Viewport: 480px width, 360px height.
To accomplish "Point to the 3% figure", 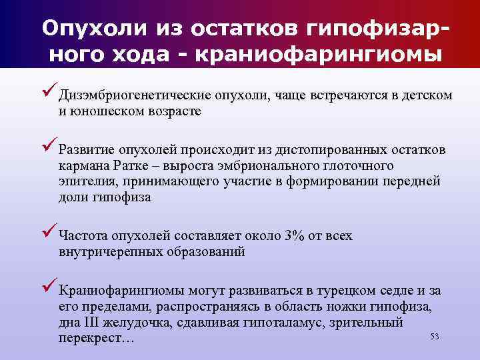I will [295, 236].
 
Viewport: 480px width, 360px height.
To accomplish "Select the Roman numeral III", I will [90, 323].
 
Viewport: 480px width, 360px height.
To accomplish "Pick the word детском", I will [427, 96].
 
